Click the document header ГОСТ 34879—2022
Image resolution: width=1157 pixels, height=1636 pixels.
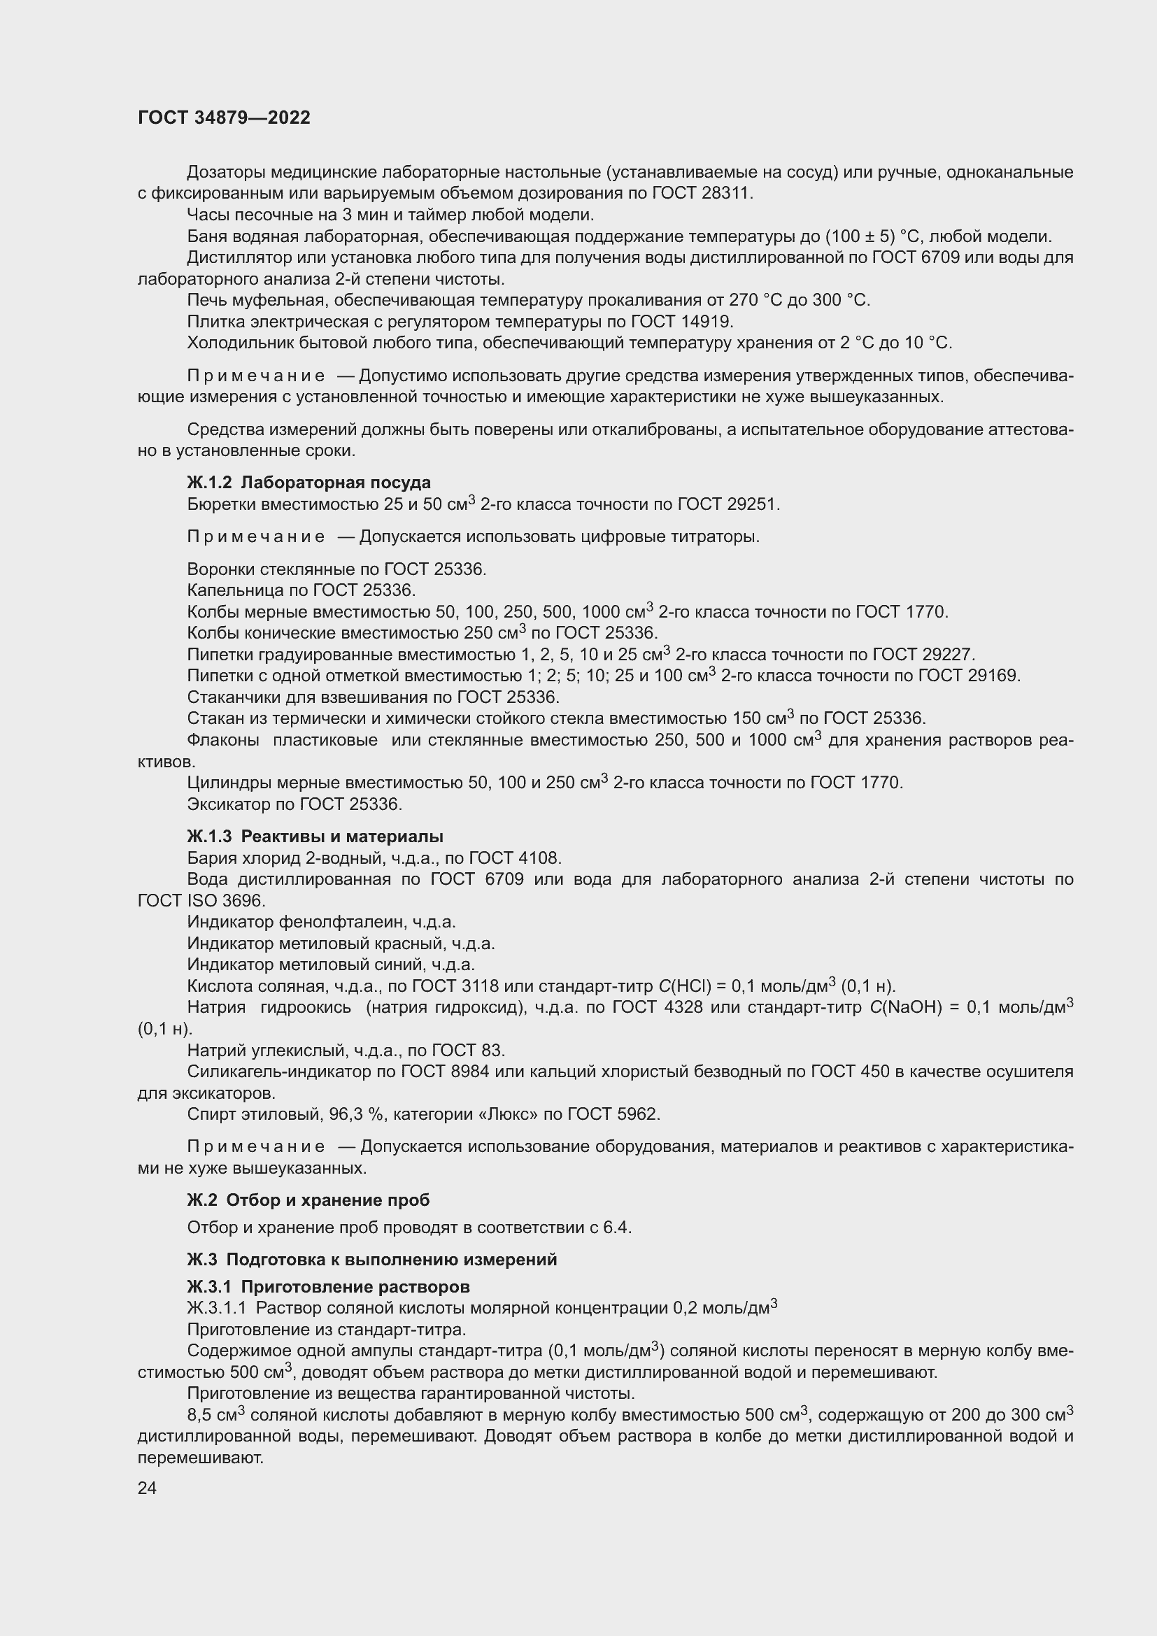click(x=224, y=118)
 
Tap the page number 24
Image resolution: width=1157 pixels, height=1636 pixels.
click(x=147, y=1488)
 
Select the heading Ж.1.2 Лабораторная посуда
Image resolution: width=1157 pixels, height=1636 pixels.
click(x=308, y=483)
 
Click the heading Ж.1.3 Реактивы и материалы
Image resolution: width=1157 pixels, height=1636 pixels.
click(x=315, y=836)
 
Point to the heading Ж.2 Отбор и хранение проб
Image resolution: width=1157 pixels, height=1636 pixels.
click(x=308, y=1200)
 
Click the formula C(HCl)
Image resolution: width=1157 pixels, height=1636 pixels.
click(x=685, y=986)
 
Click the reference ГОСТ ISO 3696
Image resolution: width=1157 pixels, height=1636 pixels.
click(x=201, y=901)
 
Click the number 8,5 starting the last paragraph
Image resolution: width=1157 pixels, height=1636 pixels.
click(x=201, y=1415)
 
